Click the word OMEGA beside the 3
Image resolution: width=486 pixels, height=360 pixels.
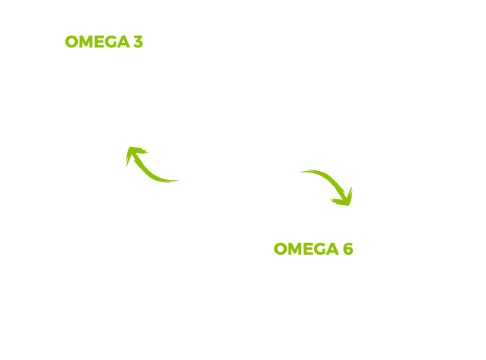tap(98, 42)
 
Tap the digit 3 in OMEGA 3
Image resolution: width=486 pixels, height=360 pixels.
tap(139, 42)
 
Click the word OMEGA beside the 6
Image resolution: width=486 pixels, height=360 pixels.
tap(307, 249)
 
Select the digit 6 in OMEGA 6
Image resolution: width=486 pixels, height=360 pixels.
tap(348, 249)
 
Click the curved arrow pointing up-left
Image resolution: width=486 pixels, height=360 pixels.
tap(145, 169)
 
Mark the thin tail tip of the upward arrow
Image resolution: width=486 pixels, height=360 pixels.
tap(178, 180)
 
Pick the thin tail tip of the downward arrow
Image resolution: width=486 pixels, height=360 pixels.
tap(301, 172)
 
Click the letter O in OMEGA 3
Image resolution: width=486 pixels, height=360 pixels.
tap(72, 42)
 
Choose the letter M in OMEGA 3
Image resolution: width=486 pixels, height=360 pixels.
tap(86, 42)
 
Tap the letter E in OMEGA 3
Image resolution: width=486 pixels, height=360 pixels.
tap(99, 42)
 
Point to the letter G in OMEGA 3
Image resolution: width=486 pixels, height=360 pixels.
tap(111, 42)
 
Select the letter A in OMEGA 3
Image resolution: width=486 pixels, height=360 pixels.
tap(123, 42)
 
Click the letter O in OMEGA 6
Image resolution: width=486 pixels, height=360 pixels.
tap(281, 249)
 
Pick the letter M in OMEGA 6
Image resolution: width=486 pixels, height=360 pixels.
tap(296, 249)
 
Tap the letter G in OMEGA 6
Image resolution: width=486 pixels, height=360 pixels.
tap(320, 249)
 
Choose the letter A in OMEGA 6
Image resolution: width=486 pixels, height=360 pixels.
tap(332, 249)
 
